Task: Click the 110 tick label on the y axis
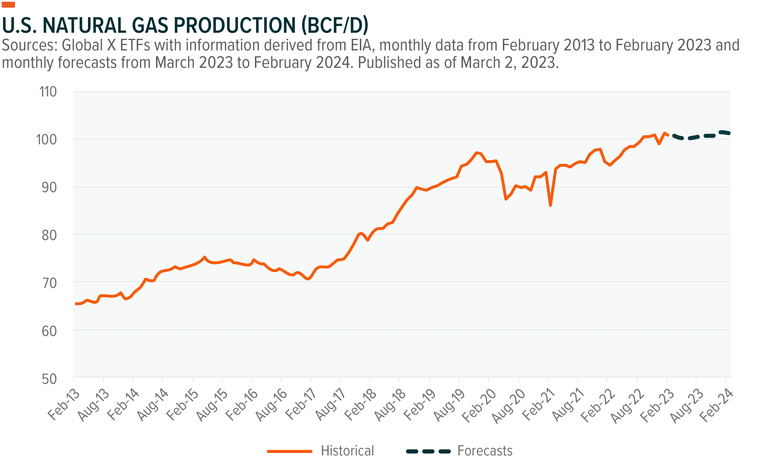pos(48,92)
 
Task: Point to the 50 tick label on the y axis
pos(49,379)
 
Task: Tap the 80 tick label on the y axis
pos(49,235)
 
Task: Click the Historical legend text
pos(348,451)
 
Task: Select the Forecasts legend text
pos(485,451)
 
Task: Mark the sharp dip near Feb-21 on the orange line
pos(550,205)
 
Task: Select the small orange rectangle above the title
pos(8,5)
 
